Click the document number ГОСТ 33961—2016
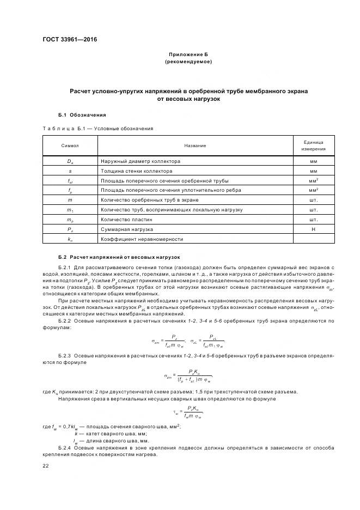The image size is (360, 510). [x=66, y=40]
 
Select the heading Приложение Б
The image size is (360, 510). [x=188, y=56]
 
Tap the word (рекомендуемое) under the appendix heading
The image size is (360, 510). [x=188, y=62]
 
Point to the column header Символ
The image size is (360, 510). [x=70, y=145]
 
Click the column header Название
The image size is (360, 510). [x=194, y=145]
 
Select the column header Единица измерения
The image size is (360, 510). [x=314, y=145]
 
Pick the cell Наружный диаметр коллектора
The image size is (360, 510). [x=141, y=161]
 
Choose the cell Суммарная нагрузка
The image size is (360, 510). [x=127, y=229]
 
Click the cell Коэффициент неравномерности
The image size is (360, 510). [x=142, y=239]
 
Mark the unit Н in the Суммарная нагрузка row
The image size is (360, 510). [x=314, y=229]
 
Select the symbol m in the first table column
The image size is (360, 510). [x=70, y=200]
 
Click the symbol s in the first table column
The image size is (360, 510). [x=70, y=171]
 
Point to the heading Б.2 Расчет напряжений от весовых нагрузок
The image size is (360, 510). [x=119, y=257]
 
